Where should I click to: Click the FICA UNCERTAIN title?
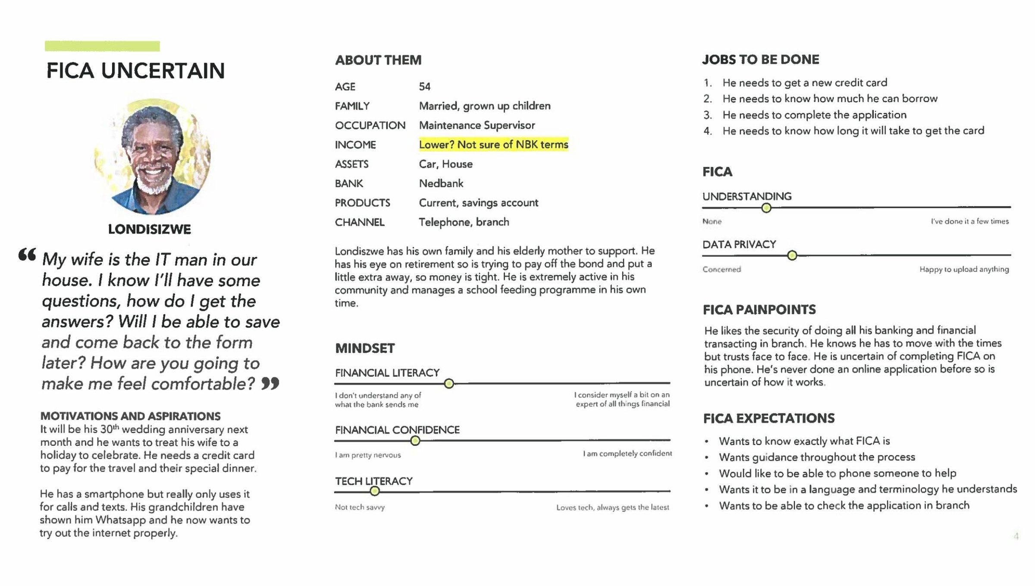pyautogui.click(x=135, y=71)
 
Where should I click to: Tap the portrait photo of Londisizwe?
pyautogui.click(x=153, y=157)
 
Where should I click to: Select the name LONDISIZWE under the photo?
pyautogui.click(x=149, y=229)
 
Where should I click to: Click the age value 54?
pyautogui.click(x=424, y=87)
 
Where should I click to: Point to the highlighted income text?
pyautogui.click(x=493, y=145)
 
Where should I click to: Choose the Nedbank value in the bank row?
pyautogui.click(x=441, y=183)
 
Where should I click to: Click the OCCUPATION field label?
pyautogui.click(x=370, y=126)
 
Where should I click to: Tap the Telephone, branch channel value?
pyautogui.click(x=464, y=222)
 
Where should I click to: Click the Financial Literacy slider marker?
pyautogui.click(x=449, y=383)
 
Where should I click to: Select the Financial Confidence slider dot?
pyautogui.click(x=415, y=441)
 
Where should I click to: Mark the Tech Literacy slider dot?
pyautogui.click(x=375, y=491)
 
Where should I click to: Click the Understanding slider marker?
pyautogui.click(x=766, y=208)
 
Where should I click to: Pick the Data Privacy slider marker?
pyautogui.click(x=792, y=255)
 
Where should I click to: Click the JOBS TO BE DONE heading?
pyautogui.click(x=760, y=60)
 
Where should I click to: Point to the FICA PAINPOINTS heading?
pyautogui.click(x=759, y=309)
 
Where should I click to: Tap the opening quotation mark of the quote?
pyautogui.click(x=27, y=255)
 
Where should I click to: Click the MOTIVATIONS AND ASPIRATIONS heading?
pyautogui.click(x=130, y=416)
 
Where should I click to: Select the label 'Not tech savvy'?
pyautogui.click(x=360, y=507)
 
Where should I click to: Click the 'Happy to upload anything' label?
pyautogui.click(x=964, y=269)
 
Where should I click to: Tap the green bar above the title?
pyautogui.click(x=102, y=46)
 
